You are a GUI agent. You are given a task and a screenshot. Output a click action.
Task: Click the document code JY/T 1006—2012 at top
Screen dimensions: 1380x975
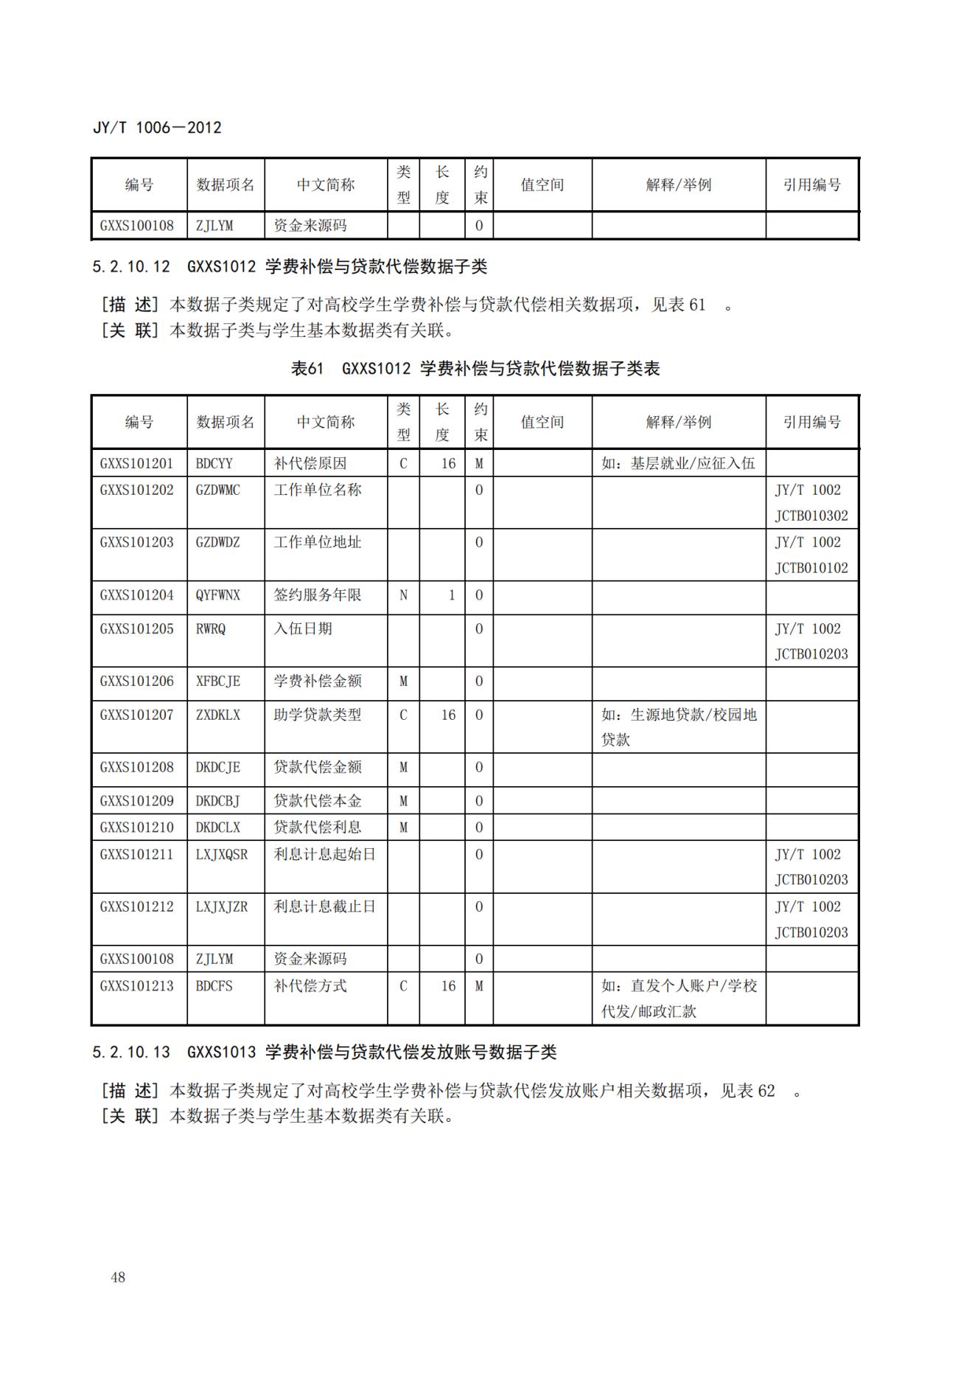[x=157, y=128]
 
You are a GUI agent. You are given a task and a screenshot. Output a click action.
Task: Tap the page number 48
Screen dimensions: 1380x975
[x=118, y=1277]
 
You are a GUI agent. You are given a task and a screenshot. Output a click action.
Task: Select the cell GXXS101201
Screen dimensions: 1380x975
[x=137, y=464]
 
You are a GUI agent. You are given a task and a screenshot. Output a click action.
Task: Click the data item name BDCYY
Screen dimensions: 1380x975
[x=214, y=464]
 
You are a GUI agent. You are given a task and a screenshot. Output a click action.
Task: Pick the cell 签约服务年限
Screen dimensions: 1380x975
[x=318, y=595]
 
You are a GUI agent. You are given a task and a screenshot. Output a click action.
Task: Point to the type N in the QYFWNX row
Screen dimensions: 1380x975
[x=403, y=595]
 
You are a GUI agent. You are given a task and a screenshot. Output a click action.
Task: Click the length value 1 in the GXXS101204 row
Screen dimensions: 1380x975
[x=451, y=595]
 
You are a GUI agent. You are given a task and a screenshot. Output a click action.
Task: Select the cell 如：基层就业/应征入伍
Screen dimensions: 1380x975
[x=678, y=464]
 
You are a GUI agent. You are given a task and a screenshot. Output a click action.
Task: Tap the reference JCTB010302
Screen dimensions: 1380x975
[x=811, y=516]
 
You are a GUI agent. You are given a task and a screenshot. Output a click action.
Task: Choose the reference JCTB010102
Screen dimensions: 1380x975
[x=811, y=568]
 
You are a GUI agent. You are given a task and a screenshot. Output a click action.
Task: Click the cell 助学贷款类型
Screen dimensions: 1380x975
[x=318, y=715]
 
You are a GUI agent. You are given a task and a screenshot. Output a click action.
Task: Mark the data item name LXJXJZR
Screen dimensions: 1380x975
[x=222, y=906]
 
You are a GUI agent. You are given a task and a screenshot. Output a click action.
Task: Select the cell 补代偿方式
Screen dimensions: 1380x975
[x=310, y=986]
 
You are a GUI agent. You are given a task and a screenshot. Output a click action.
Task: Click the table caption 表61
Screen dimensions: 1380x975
[x=307, y=369]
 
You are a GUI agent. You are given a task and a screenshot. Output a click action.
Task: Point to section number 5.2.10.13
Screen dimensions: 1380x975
[x=131, y=1053]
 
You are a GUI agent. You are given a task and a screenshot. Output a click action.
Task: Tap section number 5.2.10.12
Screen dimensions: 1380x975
[x=131, y=267]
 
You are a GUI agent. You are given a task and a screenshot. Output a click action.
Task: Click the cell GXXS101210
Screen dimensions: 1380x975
[x=137, y=828]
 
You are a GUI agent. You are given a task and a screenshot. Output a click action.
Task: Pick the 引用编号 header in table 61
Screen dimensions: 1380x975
[x=812, y=422]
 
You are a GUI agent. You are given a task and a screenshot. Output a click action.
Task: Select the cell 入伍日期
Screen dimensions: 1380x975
[x=303, y=629]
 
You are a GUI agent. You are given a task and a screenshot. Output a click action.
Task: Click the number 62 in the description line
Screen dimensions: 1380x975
[x=766, y=1091]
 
